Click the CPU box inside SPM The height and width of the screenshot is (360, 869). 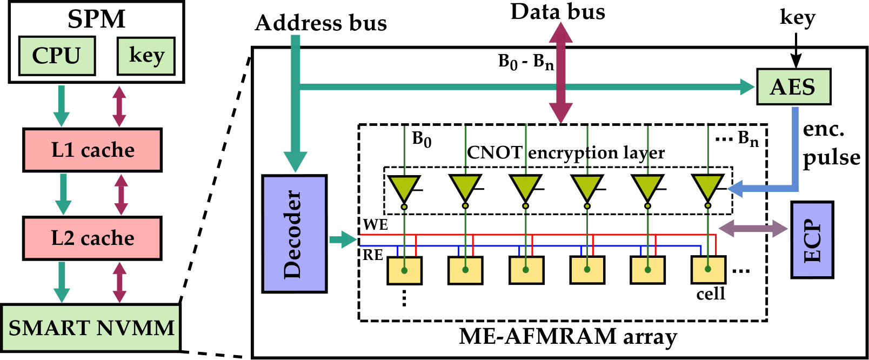[57, 56]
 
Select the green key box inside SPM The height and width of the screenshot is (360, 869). [146, 56]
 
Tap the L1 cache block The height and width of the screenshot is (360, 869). [92, 150]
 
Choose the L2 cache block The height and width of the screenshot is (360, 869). [92, 238]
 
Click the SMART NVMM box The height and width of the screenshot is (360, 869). [91, 328]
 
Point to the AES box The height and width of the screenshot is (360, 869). [794, 86]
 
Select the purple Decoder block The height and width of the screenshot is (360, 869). [295, 234]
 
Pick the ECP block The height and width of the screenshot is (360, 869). [812, 240]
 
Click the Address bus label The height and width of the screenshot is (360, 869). [321, 23]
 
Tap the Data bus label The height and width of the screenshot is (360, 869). [558, 12]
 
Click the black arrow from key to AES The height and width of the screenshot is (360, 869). [796, 50]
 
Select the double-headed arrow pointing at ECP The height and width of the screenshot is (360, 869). [753, 229]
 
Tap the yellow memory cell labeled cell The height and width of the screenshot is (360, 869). [708, 270]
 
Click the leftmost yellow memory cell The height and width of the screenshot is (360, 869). [404, 270]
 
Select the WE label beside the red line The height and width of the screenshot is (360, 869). [375, 225]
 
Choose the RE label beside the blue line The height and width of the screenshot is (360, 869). [373, 255]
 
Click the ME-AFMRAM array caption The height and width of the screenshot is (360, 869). [568, 336]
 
